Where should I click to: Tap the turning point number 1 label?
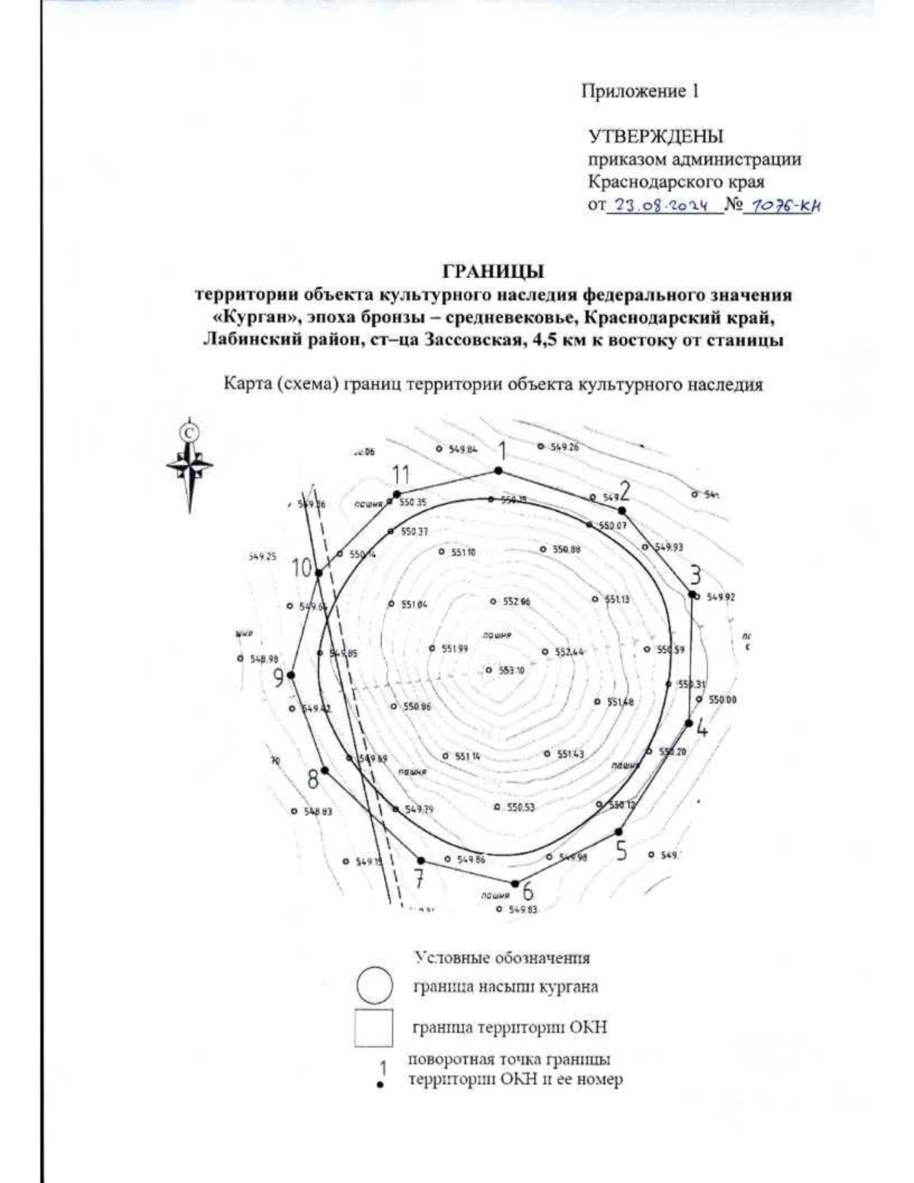(500, 451)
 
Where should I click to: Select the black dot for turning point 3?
(692, 594)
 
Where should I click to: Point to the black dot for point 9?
(290, 675)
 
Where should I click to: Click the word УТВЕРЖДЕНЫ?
(656, 137)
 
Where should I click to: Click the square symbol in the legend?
(374, 1028)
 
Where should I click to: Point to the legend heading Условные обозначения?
(503, 958)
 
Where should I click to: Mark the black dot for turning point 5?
(618, 832)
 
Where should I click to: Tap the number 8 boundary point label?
(313, 779)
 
